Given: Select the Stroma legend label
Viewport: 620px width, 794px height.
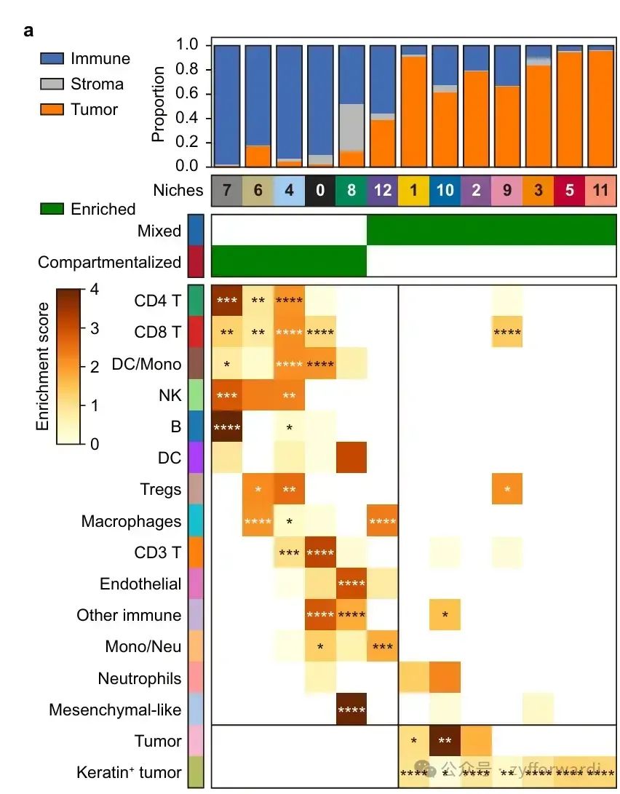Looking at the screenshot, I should [x=97, y=84].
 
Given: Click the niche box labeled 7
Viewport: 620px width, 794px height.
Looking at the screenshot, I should [x=227, y=191].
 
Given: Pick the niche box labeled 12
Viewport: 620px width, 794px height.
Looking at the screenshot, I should [x=383, y=191].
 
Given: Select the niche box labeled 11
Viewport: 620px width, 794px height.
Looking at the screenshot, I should [x=601, y=191].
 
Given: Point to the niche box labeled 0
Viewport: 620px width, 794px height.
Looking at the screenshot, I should [x=321, y=191].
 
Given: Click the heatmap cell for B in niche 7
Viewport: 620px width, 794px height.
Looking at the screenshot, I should [x=227, y=426].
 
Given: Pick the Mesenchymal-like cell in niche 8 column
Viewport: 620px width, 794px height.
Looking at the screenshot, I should [x=351, y=710].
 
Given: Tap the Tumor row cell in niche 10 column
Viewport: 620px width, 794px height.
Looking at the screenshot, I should [x=445, y=741].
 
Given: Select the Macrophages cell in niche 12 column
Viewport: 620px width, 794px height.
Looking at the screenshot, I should [x=383, y=521].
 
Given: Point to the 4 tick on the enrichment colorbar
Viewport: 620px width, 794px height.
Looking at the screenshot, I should [x=95, y=288].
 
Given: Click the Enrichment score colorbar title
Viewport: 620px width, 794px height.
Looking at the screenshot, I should [x=44, y=366].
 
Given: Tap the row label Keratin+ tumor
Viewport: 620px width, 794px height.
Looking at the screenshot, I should [x=129, y=773].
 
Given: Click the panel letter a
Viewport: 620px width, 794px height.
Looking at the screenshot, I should [x=29, y=31].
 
